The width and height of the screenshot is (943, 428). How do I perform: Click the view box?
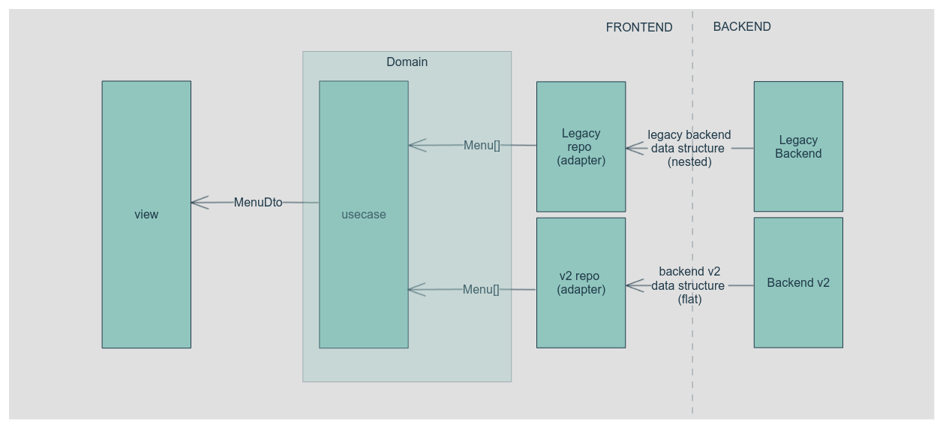146,214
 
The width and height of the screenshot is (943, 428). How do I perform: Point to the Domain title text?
407,62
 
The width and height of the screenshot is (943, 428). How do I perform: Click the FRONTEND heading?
639,27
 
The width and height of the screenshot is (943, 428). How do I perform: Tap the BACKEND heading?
742,26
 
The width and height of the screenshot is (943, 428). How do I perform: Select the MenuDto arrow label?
258,202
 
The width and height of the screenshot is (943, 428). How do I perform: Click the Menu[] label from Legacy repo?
482,145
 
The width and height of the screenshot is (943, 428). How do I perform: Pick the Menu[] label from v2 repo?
481,289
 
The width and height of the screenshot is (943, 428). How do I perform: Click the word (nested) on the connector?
689,161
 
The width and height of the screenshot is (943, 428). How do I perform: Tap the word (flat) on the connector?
689,299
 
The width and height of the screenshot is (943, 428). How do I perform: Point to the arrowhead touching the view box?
199,202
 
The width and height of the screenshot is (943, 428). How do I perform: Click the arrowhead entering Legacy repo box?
634,148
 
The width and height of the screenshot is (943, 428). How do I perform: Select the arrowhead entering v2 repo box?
634,285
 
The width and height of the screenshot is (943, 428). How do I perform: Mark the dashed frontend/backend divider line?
692,225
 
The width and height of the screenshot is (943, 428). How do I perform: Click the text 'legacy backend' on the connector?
689,134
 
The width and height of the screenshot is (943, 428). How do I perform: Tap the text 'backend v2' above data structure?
689,271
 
